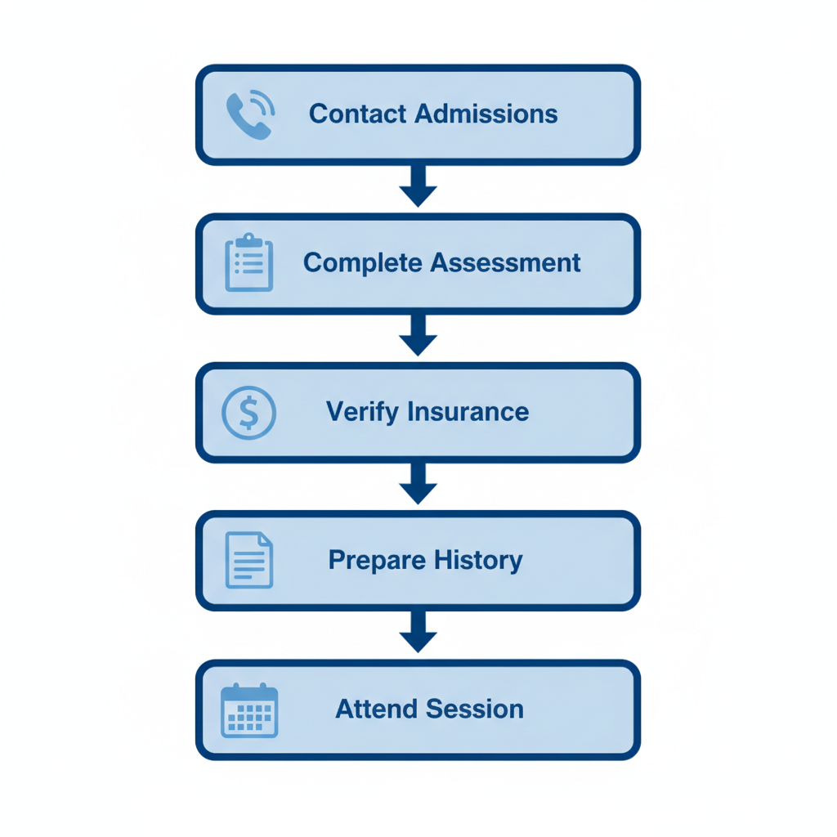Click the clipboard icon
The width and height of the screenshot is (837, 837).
pyautogui.click(x=248, y=262)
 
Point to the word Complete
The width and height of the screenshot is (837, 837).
pyautogui.click(x=363, y=263)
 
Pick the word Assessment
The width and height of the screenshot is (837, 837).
pyautogui.click(x=505, y=263)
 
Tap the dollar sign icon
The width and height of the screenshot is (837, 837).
pyautogui.click(x=248, y=412)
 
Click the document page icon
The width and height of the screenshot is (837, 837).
pyautogui.click(x=248, y=560)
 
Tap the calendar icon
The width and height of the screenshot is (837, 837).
pyautogui.click(x=249, y=709)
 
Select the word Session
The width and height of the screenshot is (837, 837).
pyautogui.click(x=477, y=709)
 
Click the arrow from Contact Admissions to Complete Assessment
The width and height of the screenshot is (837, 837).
pyautogui.click(x=418, y=187)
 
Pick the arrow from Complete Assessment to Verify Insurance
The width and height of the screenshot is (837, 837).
pyautogui.click(x=418, y=336)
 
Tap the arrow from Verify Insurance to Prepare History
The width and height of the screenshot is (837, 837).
pyautogui.click(x=418, y=485)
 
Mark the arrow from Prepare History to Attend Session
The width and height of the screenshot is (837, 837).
pyautogui.click(x=418, y=633)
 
